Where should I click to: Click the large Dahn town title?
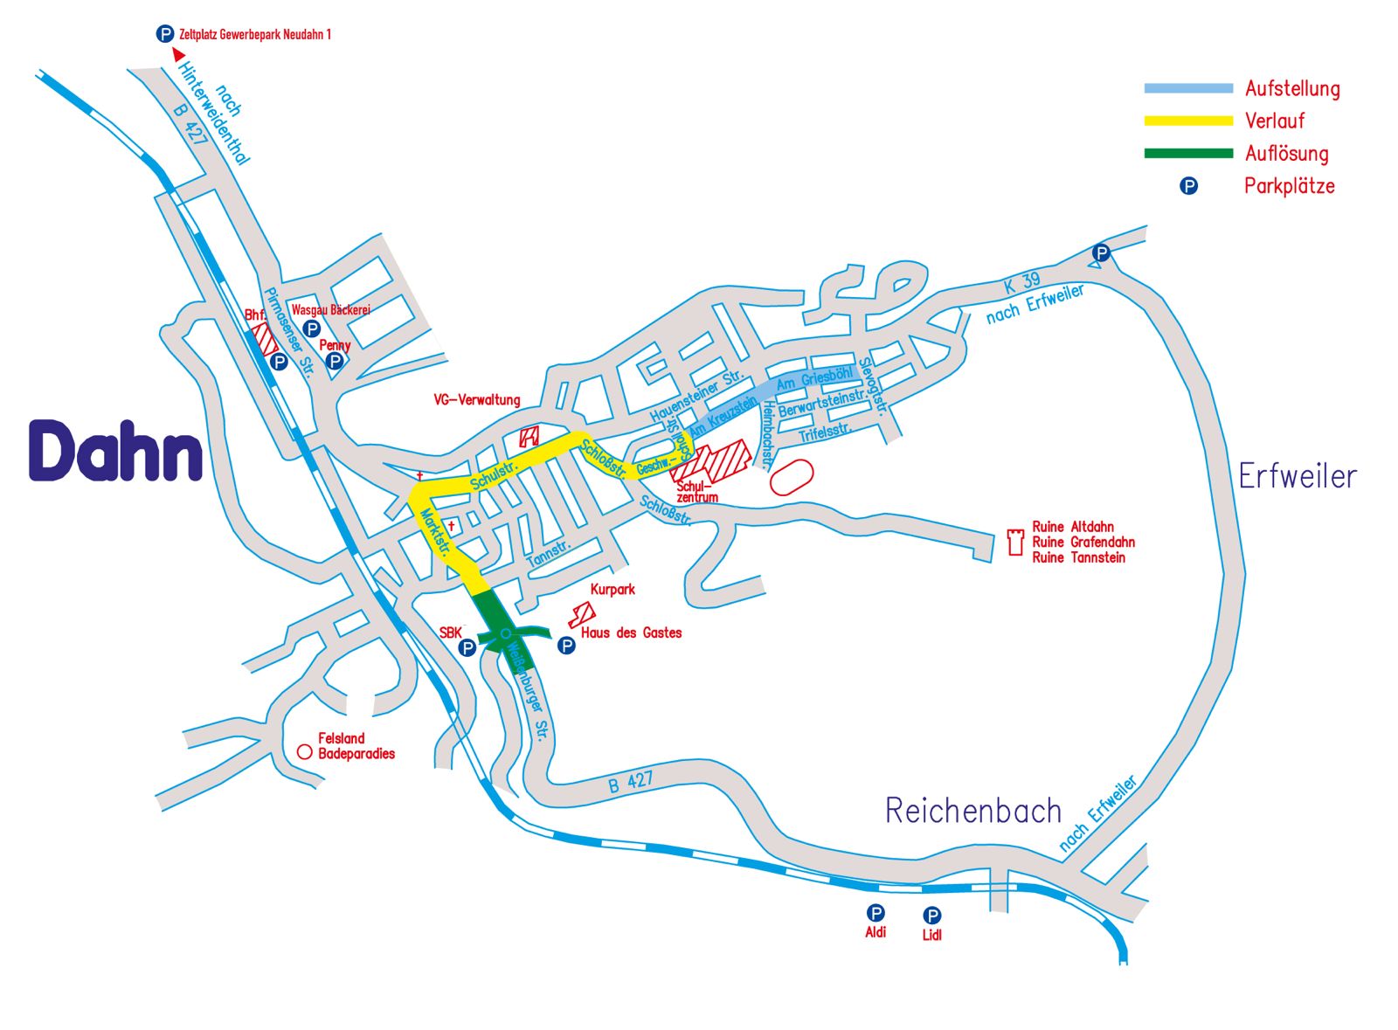coord(115,451)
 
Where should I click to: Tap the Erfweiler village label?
coord(1298,476)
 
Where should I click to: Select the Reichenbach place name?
coord(972,811)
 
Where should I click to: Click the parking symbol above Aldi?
coord(875,913)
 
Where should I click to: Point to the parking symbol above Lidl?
coord(932,915)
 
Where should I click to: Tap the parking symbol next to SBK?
coord(467,647)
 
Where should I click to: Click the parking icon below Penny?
coord(334,361)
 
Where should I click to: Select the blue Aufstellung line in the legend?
coord(1188,88)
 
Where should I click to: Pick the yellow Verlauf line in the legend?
coord(1188,121)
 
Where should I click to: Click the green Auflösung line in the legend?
coord(1188,154)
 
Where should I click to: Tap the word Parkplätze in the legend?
coord(1289,186)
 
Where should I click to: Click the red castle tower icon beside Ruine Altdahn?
coord(1015,542)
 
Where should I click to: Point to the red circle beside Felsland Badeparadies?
coord(304,751)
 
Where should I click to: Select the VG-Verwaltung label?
coord(477,400)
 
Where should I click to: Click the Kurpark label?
coord(612,590)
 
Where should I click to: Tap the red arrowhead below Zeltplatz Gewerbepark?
coord(179,54)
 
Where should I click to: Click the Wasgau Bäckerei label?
coord(331,310)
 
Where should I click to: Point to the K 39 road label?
coord(1021,282)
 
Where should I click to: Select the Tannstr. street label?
coord(548,553)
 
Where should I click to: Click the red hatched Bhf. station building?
coord(262,339)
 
